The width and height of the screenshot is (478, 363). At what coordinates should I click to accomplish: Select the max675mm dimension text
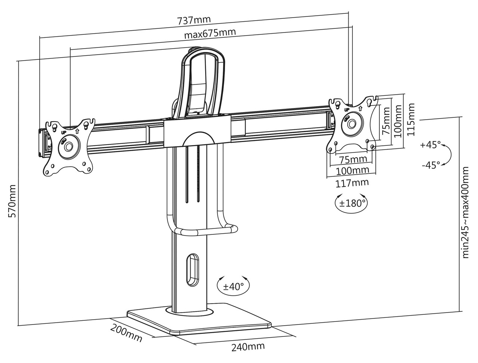pyautogui.click(x=210, y=34)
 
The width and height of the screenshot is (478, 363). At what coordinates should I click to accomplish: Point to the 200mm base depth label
pyautogui.click(x=126, y=332)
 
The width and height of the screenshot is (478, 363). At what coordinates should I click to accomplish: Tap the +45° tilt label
pyautogui.click(x=430, y=145)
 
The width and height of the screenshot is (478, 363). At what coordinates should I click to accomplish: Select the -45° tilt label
pyautogui.click(x=430, y=165)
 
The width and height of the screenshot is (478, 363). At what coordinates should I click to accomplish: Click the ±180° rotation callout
pyautogui.click(x=351, y=204)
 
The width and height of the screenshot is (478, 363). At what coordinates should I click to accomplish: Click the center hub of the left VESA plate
pyautogui.click(x=68, y=147)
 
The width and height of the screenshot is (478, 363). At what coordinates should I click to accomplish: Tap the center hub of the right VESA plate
pyautogui.click(x=351, y=123)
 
